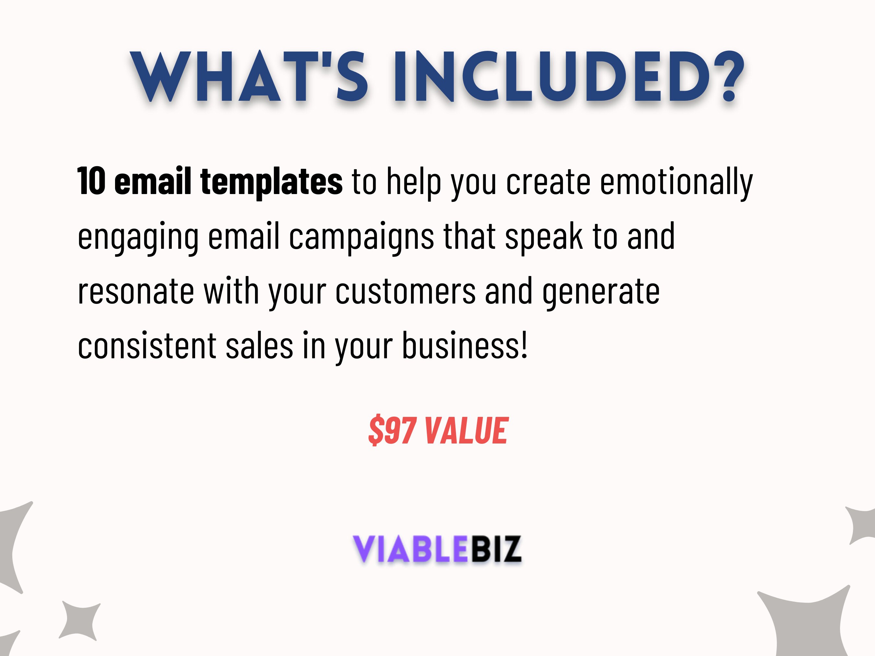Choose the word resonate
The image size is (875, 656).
pyautogui.click(x=136, y=292)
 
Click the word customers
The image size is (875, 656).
pyautogui.click(x=405, y=292)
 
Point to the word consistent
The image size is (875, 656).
pyautogui.click(x=147, y=346)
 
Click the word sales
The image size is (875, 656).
pyautogui.click(x=259, y=346)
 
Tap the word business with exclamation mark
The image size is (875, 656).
pyautogui.click(x=465, y=346)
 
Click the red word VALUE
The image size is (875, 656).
pyautogui.click(x=467, y=431)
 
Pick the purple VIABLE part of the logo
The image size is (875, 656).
pyautogui.click(x=410, y=549)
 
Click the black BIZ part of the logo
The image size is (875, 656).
pyautogui.click(x=495, y=549)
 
